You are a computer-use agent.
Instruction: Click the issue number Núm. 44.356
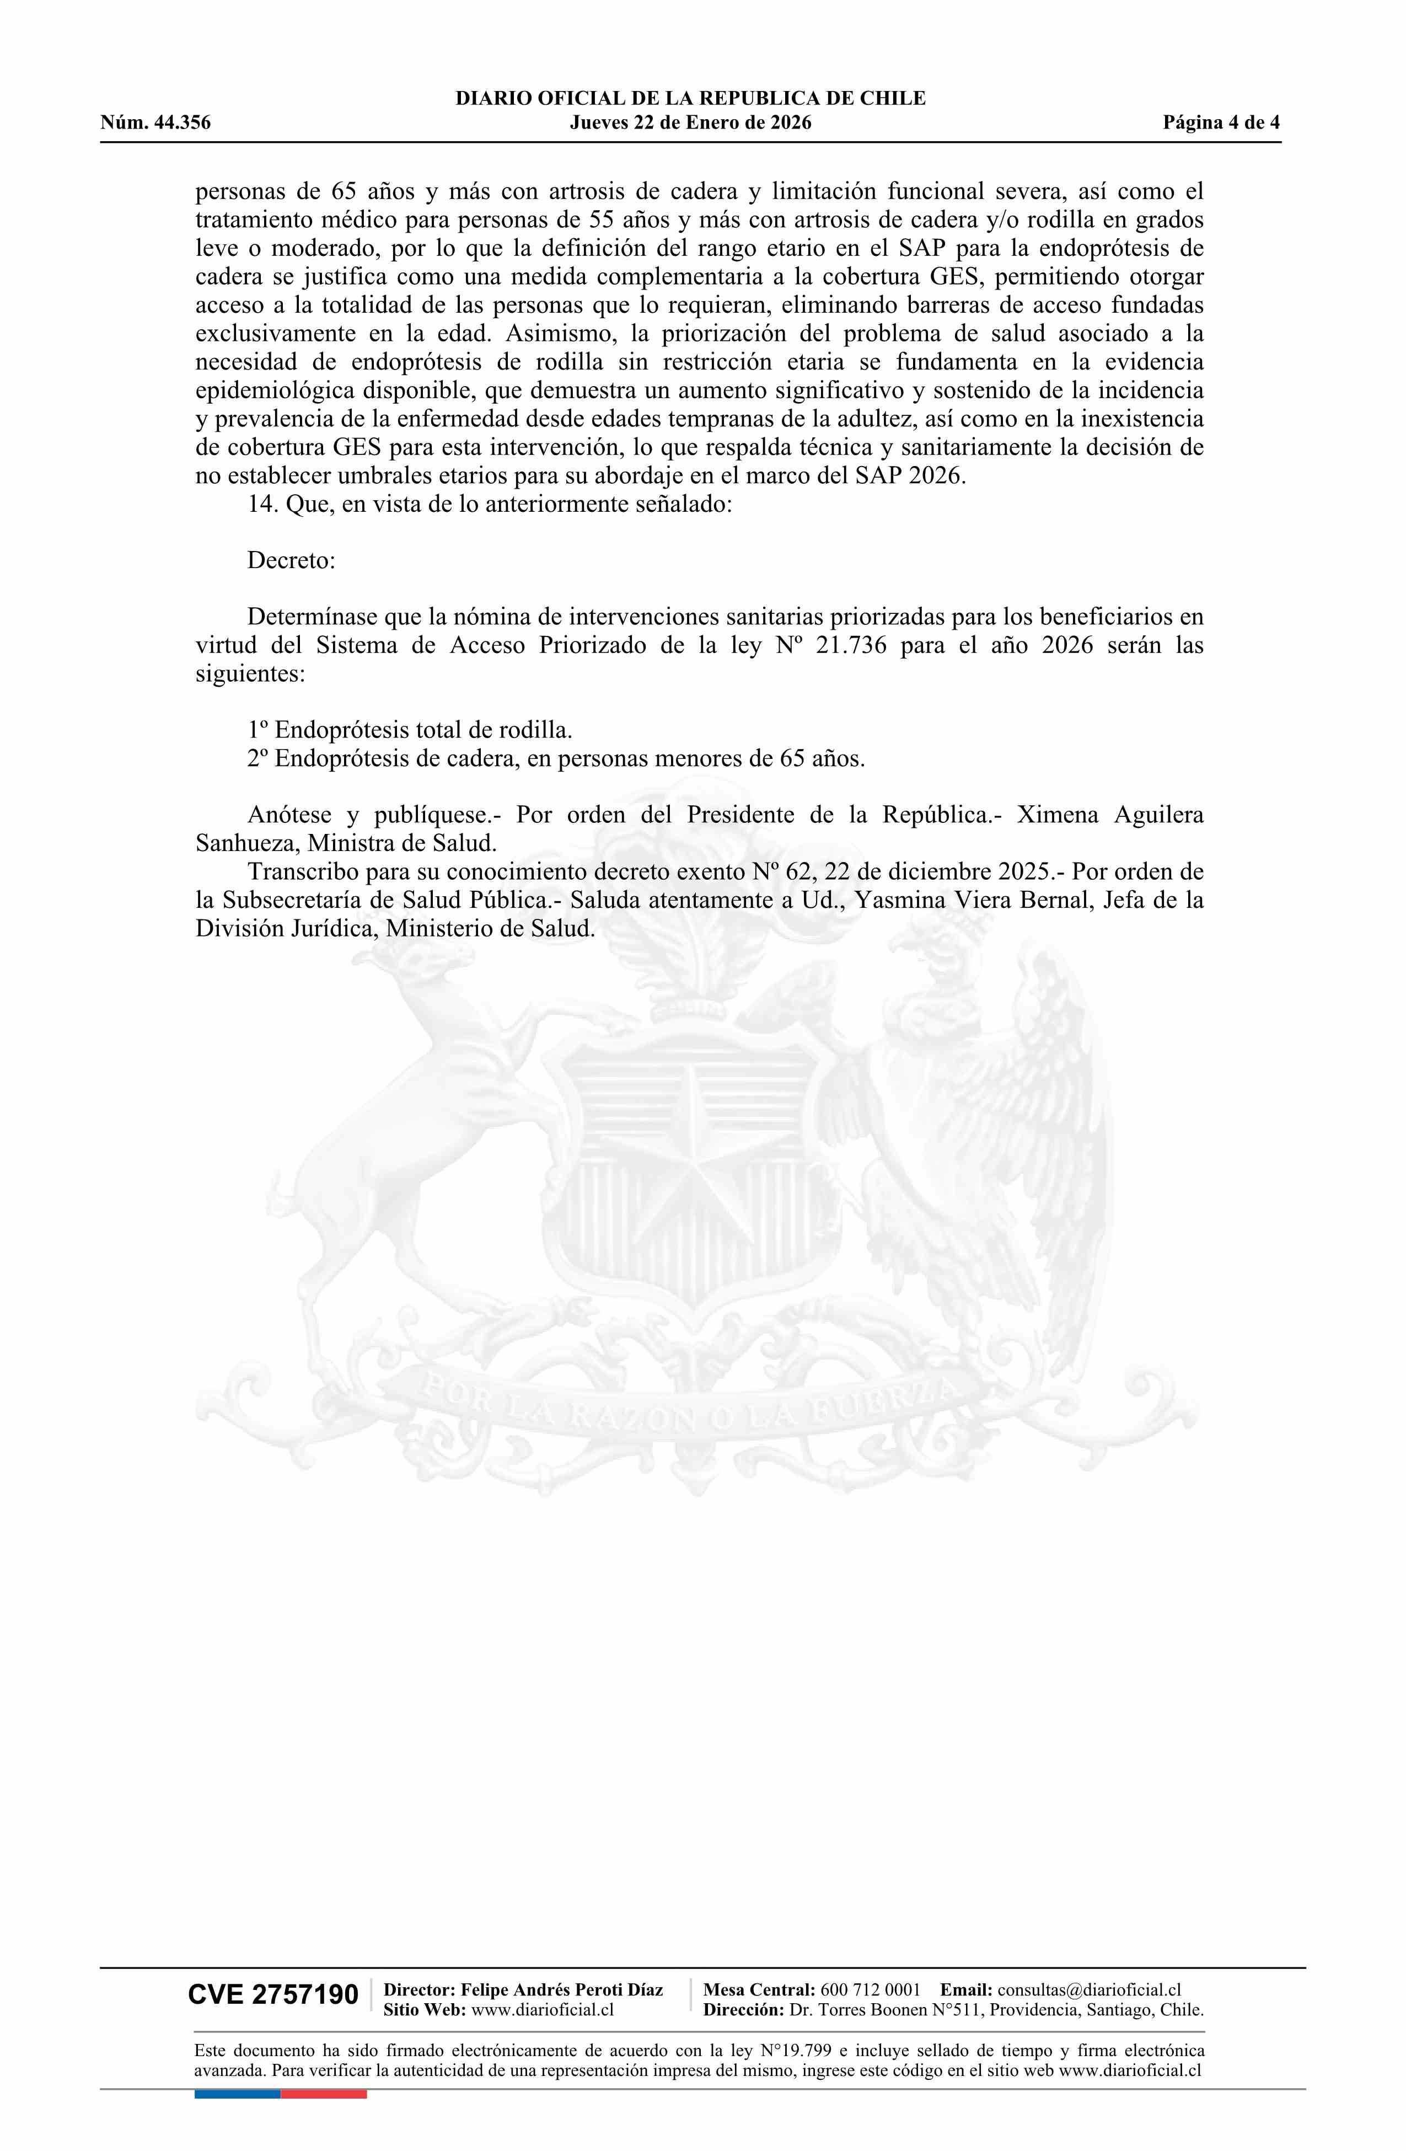pyautogui.click(x=155, y=123)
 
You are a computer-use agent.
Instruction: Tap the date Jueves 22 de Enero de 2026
pyautogui.click(x=690, y=123)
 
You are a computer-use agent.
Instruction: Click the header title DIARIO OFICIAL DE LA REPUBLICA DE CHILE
pyautogui.click(x=690, y=99)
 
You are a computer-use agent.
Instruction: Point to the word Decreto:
pyautogui.click(x=291, y=560)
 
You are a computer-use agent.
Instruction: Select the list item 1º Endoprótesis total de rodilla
pyautogui.click(x=409, y=729)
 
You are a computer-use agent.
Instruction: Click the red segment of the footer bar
pyautogui.click(x=324, y=2093)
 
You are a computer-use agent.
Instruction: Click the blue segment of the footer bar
pyautogui.click(x=237, y=2093)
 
